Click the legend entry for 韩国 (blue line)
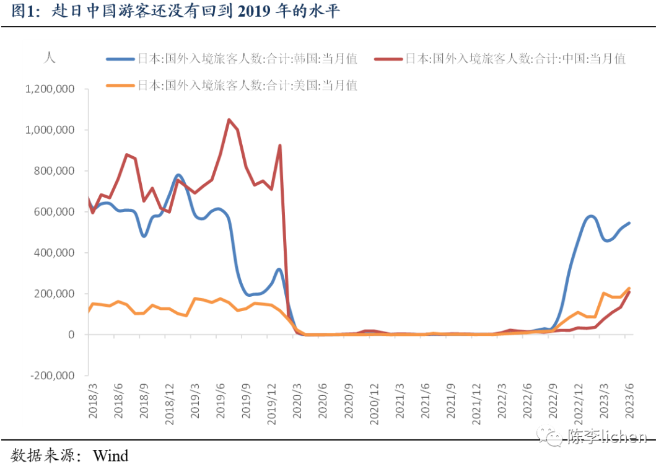(x=232, y=58)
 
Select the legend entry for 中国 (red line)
(x=500, y=58)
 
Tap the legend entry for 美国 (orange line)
(x=232, y=86)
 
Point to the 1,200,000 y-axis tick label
(x=50, y=89)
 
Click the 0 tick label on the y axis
(x=71, y=335)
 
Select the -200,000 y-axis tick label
(x=52, y=376)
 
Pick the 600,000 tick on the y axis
(x=54, y=212)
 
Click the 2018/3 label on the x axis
(x=93, y=401)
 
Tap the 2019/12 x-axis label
(x=272, y=404)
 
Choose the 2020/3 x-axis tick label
(x=297, y=401)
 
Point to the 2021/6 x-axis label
(x=426, y=401)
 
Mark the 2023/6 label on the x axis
(x=630, y=401)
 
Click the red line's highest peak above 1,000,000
(x=229, y=120)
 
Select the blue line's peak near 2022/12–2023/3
(x=591, y=217)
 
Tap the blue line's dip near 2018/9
(x=144, y=235)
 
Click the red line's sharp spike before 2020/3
(x=280, y=146)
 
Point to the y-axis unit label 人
(x=50, y=58)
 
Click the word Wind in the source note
(x=110, y=455)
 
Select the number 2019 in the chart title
(x=253, y=12)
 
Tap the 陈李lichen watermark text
(x=607, y=437)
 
